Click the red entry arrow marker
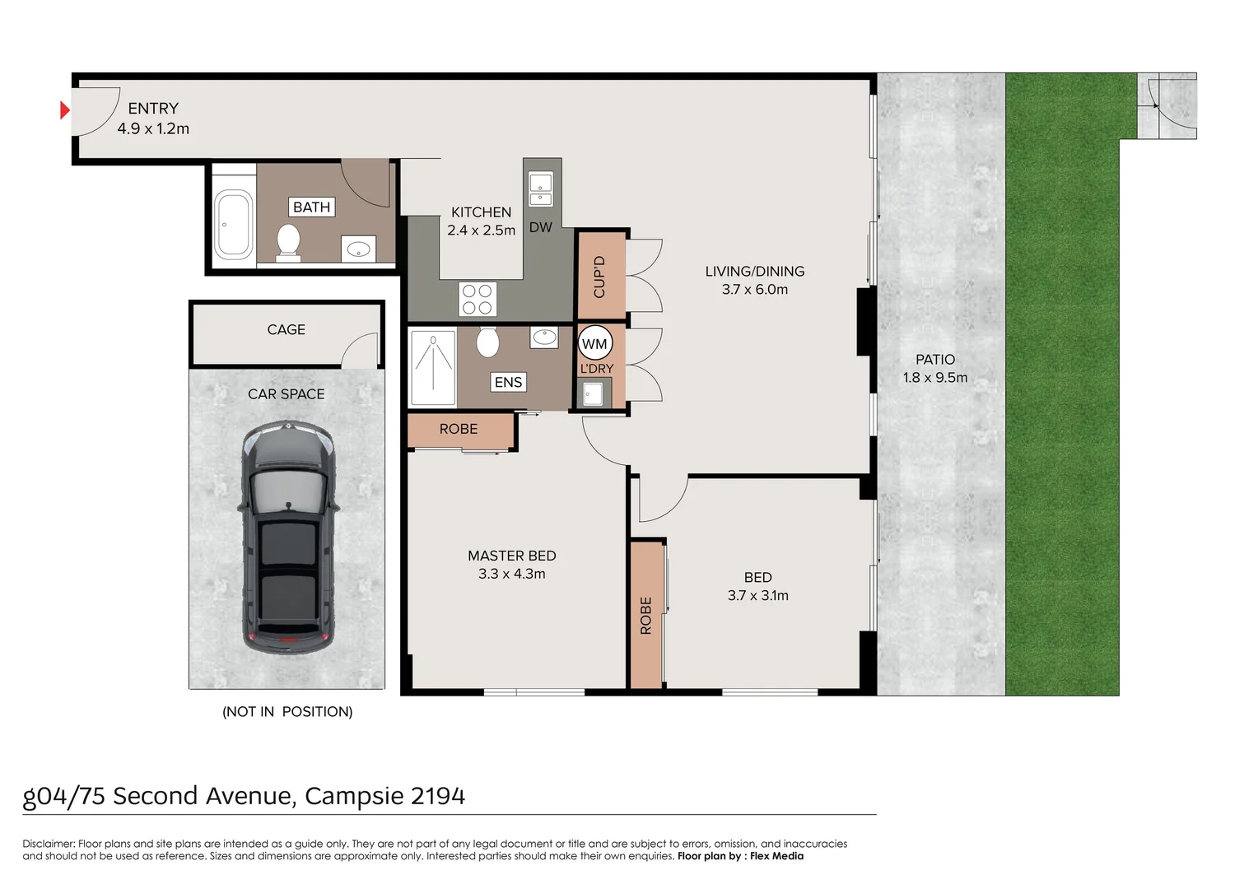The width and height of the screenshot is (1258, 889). [65, 109]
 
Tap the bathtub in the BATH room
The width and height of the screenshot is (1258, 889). [233, 224]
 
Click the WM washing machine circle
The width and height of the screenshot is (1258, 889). [594, 344]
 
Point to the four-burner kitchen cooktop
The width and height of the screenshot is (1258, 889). [477, 300]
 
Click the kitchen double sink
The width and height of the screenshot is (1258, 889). [540, 189]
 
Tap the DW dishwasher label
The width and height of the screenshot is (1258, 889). [540, 227]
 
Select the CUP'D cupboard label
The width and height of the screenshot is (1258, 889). [599, 277]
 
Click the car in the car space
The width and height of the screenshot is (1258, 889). [288, 537]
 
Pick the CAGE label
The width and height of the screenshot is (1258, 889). [286, 329]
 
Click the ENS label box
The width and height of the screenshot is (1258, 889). [508, 382]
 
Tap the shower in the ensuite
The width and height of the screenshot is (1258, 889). [432, 367]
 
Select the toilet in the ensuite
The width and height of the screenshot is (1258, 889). [487, 341]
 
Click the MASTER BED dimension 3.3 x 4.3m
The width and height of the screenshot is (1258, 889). [511, 574]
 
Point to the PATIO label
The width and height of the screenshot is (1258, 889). [935, 360]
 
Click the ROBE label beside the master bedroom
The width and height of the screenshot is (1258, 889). [458, 429]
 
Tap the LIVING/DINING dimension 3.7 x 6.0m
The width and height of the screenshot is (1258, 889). [754, 290]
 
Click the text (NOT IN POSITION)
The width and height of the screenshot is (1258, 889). [287, 711]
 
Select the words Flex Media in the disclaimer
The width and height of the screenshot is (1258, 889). [776, 856]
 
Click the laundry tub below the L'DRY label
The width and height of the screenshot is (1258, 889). [593, 394]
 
